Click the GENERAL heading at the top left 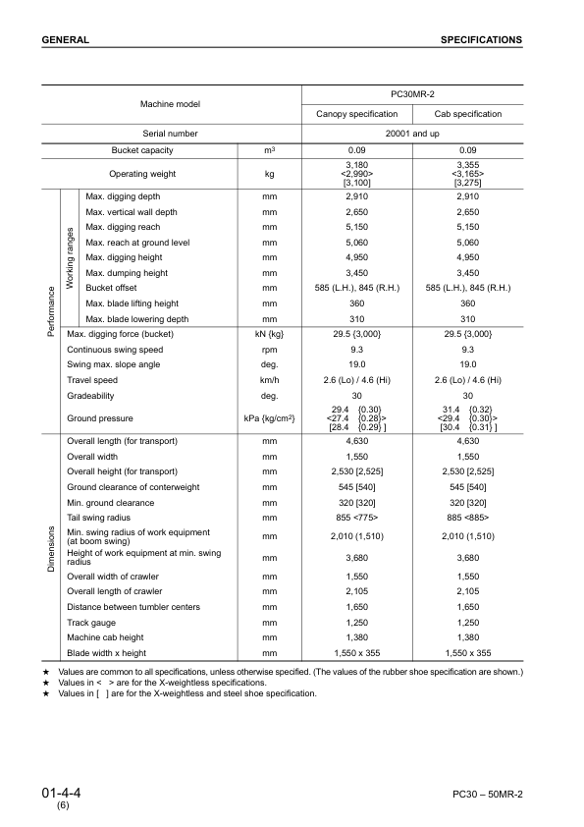(x=66, y=40)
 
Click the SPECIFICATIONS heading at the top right (x=481, y=40)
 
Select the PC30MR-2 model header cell (x=412, y=95)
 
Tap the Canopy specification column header (x=356, y=114)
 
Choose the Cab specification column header (x=467, y=114)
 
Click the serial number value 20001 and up (x=412, y=133)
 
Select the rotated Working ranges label (x=71, y=258)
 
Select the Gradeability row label (x=91, y=395)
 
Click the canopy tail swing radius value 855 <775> (x=356, y=517)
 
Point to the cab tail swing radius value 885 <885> (x=467, y=517)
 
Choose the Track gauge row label (x=90, y=623)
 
